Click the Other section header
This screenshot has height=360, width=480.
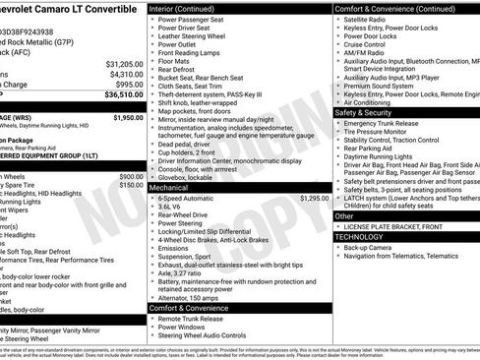tap(344, 215)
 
